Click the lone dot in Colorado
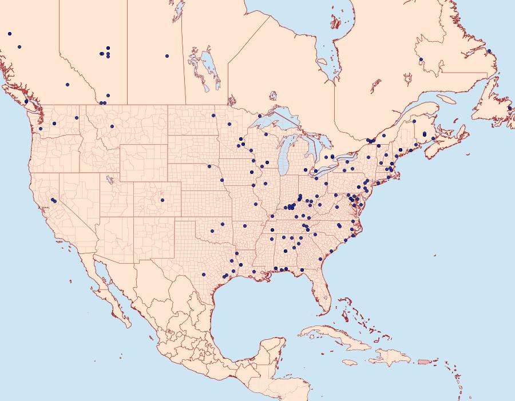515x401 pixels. coord(163,200)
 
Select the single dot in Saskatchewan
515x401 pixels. coord(167,56)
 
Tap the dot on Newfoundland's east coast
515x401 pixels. coord(509,108)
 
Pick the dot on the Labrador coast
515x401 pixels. coord(488,51)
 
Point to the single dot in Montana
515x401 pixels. coord(112,126)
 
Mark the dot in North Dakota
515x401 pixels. coord(213,116)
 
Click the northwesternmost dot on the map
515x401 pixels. coord(10,34)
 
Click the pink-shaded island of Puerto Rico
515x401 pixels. coord(424,361)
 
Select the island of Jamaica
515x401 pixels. coord(351,363)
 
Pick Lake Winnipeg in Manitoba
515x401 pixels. coord(211,69)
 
